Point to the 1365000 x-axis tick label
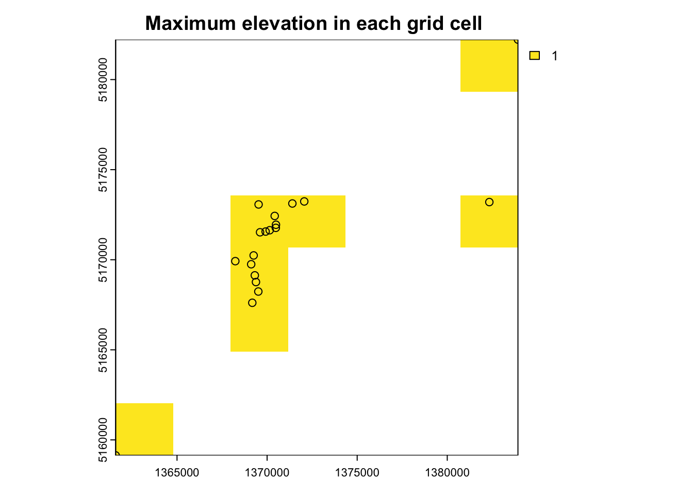(x=177, y=473)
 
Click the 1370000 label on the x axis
(x=267, y=473)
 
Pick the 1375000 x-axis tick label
(x=357, y=473)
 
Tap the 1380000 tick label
(x=447, y=473)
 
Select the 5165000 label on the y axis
(x=103, y=350)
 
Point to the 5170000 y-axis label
(x=103, y=260)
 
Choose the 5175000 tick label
(x=103, y=170)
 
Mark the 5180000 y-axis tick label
(x=103, y=80)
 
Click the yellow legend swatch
(x=535, y=56)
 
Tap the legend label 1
(x=555, y=56)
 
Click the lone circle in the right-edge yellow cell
(x=489, y=202)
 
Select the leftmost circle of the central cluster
(x=235, y=261)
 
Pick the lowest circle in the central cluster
(x=252, y=303)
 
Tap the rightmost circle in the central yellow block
(x=304, y=202)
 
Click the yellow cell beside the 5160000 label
(x=144, y=428)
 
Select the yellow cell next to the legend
(x=489, y=65)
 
